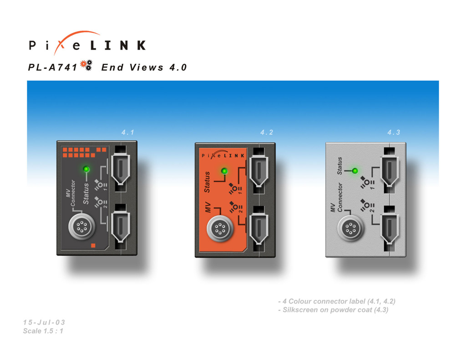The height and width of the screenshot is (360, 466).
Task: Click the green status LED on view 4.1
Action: [x=86, y=169]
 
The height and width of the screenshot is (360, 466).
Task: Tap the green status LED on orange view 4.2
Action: [x=224, y=171]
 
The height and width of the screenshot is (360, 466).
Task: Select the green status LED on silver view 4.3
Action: [x=355, y=171]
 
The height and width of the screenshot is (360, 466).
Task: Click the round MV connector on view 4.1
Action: [x=82, y=227]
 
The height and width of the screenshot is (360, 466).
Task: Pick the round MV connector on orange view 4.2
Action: [x=220, y=228]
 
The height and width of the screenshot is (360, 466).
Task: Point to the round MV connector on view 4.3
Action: [x=351, y=228]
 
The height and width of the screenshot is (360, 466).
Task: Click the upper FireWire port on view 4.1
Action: [x=120, y=169]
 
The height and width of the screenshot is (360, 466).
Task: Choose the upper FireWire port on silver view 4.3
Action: [x=390, y=171]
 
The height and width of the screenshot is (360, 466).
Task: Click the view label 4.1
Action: [x=128, y=132]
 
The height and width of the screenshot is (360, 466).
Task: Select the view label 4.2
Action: [x=267, y=132]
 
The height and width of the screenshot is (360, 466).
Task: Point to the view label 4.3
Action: [x=394, y=132]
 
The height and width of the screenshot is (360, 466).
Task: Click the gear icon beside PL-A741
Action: [x=86, y=65]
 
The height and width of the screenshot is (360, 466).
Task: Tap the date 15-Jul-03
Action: [x=44, y=322]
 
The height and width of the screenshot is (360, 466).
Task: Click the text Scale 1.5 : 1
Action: [x=43, y=331]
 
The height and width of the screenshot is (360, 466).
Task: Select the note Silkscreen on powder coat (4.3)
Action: [x=333, y=310]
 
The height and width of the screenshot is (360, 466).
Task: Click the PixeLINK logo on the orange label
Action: [x=223, y=154]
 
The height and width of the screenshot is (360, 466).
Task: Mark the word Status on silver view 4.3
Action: [x=339, y=166]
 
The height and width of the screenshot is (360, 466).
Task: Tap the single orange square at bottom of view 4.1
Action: [x=93, y=246]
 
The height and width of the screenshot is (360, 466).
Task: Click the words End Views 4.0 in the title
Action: [x=144, y=67]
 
